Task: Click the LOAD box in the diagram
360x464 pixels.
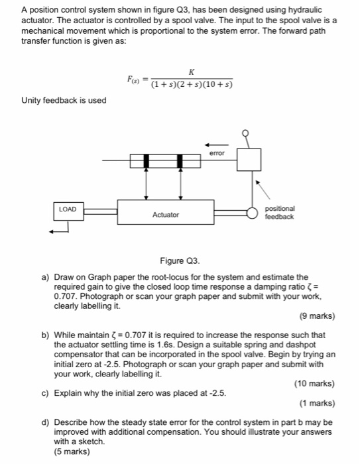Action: [x=67, y=209]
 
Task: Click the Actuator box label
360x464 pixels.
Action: [x=165, y=215]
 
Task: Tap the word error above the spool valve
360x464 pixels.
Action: [x=217, y=153]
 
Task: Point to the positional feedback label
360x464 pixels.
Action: [x=280, y=212]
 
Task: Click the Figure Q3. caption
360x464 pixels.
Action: [x=179, y=261]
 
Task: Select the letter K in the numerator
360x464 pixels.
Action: [x=191, y=72]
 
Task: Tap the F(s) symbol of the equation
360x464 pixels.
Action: [x=134, y=79]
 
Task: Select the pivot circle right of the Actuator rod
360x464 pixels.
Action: [x=251, y=213]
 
